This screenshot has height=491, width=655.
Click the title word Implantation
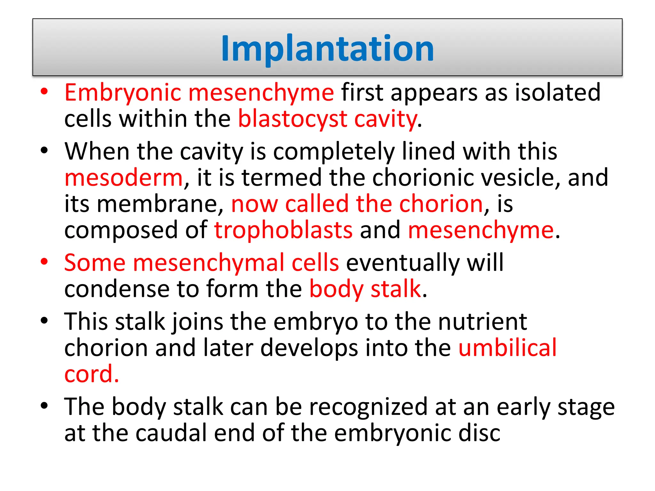(x=327, y=48)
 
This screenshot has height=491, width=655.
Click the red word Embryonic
(x=123, y=93)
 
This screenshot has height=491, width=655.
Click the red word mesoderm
(x=123, y=178)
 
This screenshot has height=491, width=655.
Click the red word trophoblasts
(x=283, y=230)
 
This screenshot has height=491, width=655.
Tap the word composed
(x=121, y=230)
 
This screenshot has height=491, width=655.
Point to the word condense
(x=116, y=289)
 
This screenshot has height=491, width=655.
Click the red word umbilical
(x=508, y=348)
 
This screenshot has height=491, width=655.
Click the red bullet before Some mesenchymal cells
(x=44, y=262)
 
